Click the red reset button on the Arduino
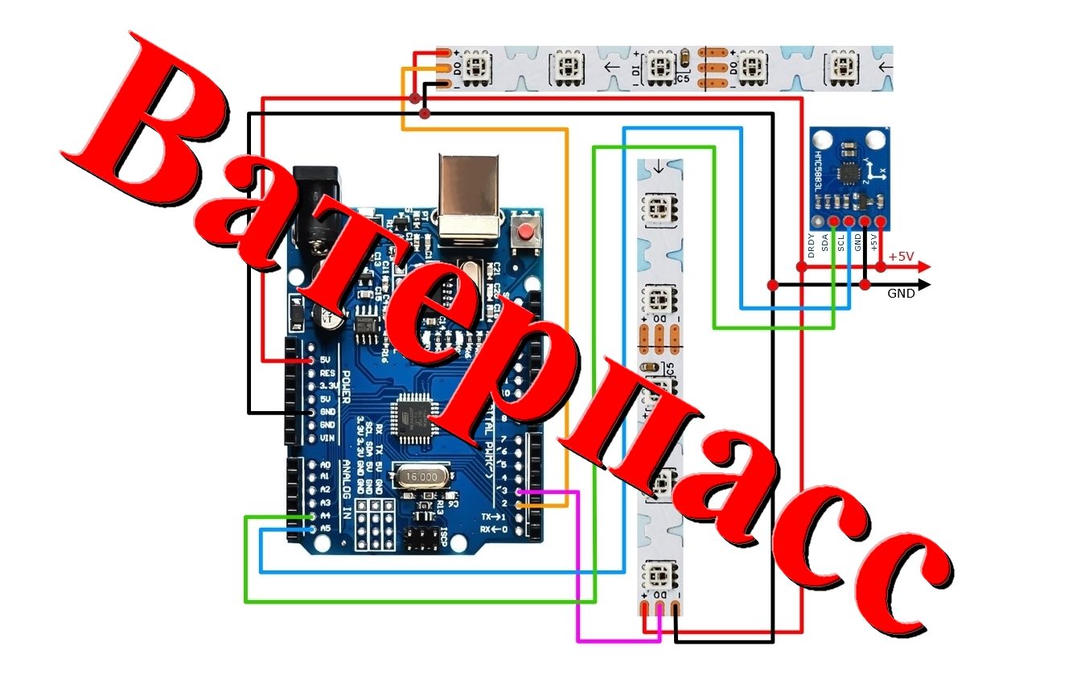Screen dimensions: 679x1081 click(x=526, y=234)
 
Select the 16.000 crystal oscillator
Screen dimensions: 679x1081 click(x=421, y=477)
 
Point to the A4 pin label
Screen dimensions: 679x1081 click(x=326, y=516)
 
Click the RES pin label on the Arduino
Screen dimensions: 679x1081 click(x=327, y=373)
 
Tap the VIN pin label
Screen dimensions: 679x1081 click(x=327, y=438)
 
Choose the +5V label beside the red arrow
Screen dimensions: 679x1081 click(x=901, y=257)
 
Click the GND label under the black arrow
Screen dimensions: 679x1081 click(x=901, y=294)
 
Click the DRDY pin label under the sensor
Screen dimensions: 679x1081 click(x=811, y=245)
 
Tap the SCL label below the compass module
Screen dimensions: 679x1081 click(x=841, y=244)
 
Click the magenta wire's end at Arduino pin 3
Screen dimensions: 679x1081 click(x=520, y=491)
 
